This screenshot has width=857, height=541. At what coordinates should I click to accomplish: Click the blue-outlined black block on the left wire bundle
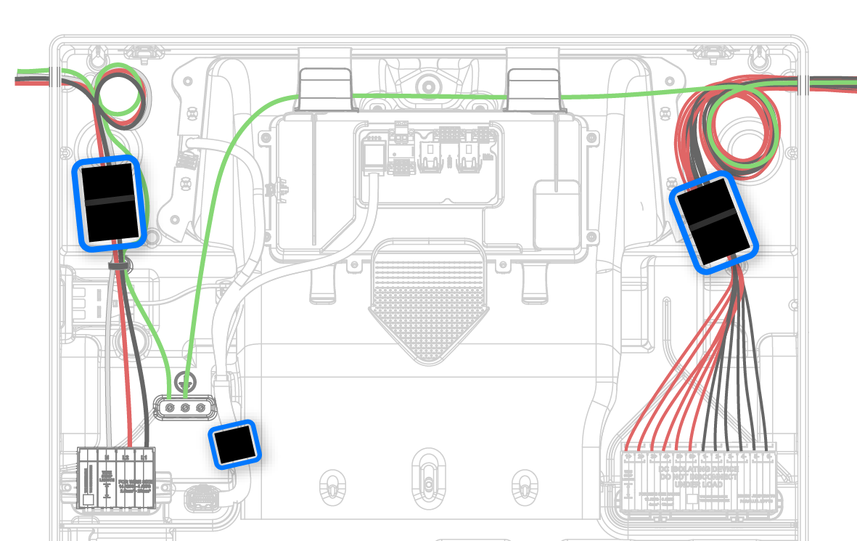click(x=109, y=202)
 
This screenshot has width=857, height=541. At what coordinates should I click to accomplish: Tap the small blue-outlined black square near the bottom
click(x=234, y=444)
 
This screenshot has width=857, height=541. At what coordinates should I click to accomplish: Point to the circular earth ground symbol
click(x=186, y=379)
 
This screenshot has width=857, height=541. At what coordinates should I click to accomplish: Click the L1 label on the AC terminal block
click(x=145, y=457)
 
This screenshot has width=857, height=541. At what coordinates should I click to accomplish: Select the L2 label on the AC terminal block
click(x=126, y=457)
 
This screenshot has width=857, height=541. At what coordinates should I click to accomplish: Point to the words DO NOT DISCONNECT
click(x=698, y=476)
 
